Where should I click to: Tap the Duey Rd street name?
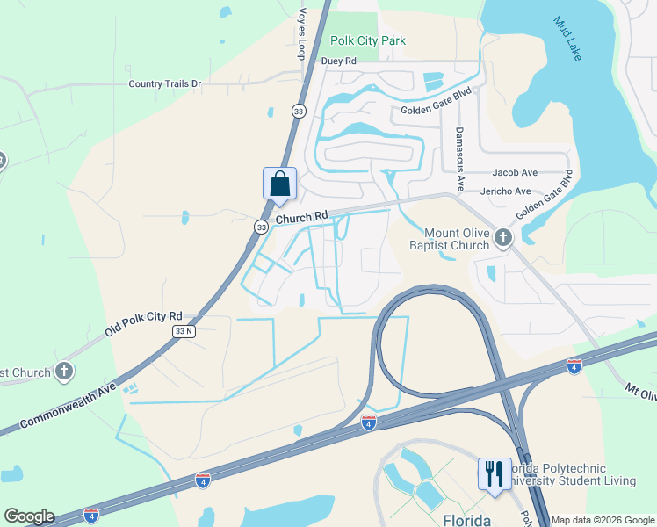coord(338,61)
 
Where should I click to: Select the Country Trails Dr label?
coord(165,84)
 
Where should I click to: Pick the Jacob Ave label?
coord(515,174)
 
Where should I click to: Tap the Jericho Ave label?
coord(506,191)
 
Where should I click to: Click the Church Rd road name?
coord(301,215)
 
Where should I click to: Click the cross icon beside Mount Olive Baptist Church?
coord(502,237)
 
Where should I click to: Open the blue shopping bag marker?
coord(279,184)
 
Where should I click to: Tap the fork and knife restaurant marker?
coord(494,473)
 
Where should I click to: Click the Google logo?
coord(29,516)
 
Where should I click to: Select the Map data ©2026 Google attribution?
coord(603,520)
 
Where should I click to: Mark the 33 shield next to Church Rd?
coord(261,227)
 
